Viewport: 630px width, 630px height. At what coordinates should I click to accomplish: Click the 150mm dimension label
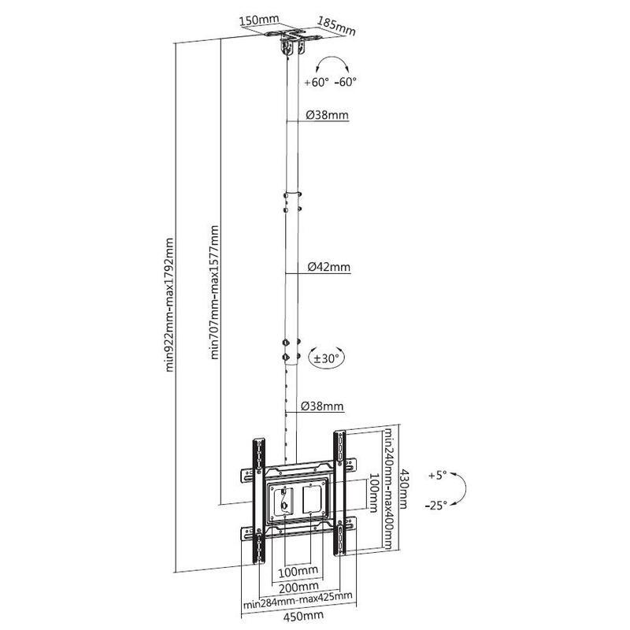click(259, 20)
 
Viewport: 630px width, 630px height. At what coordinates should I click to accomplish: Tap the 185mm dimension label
click(337, 26)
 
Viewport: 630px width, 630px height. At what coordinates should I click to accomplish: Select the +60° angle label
click(317, 83)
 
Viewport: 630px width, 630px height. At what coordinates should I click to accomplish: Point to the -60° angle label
click(346, 82)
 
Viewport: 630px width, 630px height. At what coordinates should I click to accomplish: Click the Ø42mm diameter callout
click(329, 267)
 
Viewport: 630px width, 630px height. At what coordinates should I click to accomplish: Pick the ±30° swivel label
click(326, 358)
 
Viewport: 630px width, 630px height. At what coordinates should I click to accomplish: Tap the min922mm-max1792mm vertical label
click(170, 306)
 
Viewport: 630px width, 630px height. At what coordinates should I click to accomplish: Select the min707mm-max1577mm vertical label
click(215, 292)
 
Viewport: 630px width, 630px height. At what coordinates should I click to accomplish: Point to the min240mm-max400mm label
click(388, 489)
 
